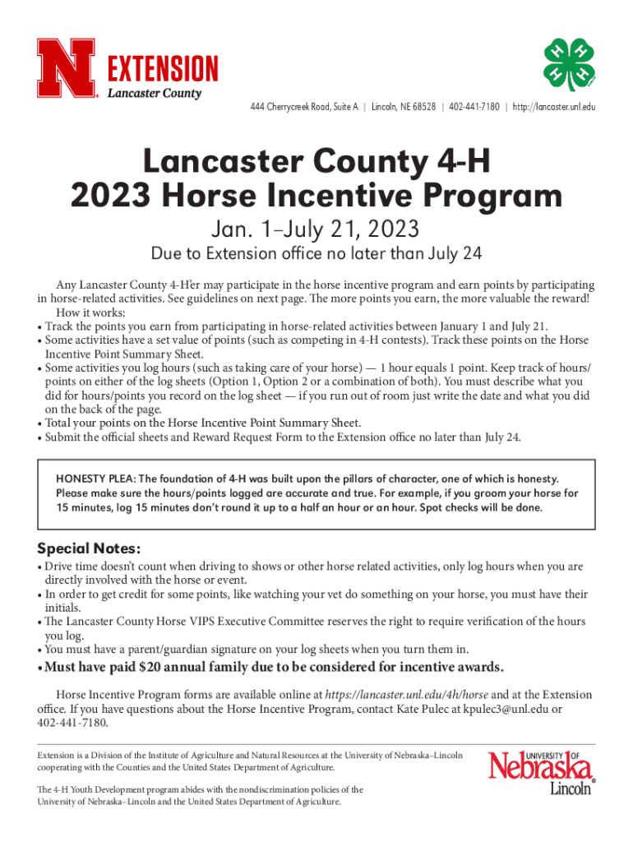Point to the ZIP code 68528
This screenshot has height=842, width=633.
point(423,108)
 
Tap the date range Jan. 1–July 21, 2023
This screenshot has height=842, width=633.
point(316,227)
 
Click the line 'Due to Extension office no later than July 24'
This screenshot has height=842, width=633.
point(316,252)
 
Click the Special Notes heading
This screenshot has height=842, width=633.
point(90,548)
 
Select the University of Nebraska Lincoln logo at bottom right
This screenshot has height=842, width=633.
point(541,773)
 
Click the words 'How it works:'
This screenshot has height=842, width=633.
point(90,313)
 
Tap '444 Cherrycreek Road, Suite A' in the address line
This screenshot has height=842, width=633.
point(301,108)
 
